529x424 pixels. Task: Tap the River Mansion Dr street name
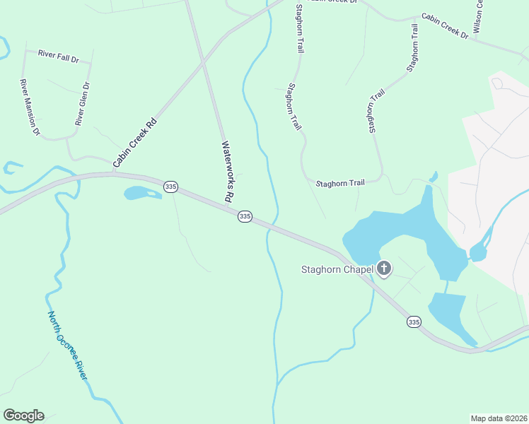pos(30,107)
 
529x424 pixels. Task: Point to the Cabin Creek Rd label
pos(134,143)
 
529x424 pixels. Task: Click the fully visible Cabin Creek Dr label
pos(445,25)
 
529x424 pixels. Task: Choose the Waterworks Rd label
pos(228,172)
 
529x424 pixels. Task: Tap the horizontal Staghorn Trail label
pos(340,182)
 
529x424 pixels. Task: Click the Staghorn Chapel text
pos(337,269)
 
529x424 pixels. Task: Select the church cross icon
pos(384,268)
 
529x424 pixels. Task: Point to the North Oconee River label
pos(67,346)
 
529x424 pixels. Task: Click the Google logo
pos(23,416)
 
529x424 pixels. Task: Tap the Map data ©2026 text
pos(498,418)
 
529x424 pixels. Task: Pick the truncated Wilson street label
pos(479,16)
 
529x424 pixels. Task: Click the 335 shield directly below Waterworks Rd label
pos(245,216)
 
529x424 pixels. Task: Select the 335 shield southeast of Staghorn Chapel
pos(414,322)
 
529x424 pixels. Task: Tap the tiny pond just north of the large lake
pos(433,176)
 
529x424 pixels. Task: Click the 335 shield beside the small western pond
pos(170,187)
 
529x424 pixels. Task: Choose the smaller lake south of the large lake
pos(448,314)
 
